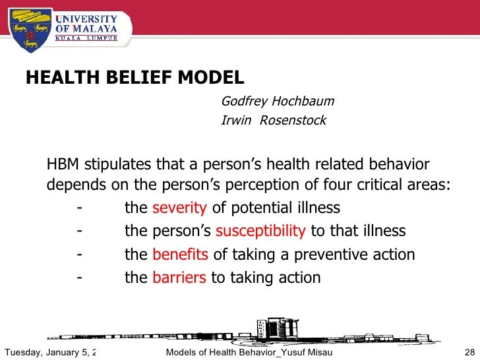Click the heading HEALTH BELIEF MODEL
pyautogui.click(x=135, y=78)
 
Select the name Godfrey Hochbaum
pyautogui.click(x=278, y=102)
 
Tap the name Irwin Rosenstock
pyautogui.click(x=273, y=121)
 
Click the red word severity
pyautogui.click(x=179, y=208)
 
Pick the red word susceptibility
pyautogui.click(x=260, y=231)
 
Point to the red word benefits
pyautogui.click(x=180, y=255)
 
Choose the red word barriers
pyautogui.click(x=179, y=278)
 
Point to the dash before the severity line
pyautogui.click(x=79, y=208)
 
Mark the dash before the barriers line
pyautogui.click(x=79, y=278)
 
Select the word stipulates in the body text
pyautogui.click(x=117, y=165)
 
